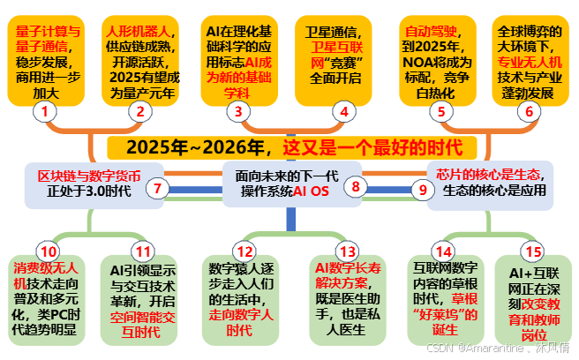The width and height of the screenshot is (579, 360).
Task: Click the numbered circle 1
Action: pos(45,111)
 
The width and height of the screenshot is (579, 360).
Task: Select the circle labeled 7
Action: pos(157,187)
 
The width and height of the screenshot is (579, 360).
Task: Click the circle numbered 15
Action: pos(532,251)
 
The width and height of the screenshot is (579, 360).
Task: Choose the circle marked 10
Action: pos(46,251)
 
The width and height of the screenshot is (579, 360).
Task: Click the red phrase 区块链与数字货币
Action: pos(81,173)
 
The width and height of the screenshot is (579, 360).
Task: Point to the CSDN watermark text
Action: pos(500,350)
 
